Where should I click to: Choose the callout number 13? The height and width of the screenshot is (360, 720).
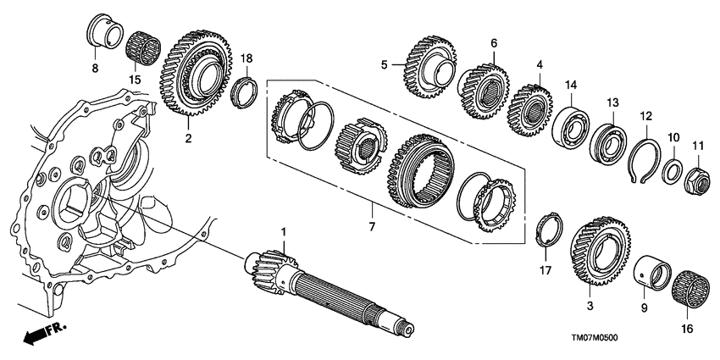click(612, 102)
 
